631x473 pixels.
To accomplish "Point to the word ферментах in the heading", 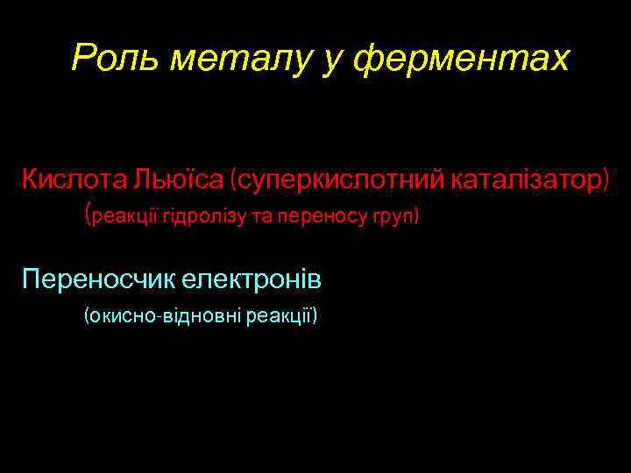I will [x=457, y=60].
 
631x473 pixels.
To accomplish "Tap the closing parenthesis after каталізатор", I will [x=604, y=180].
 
